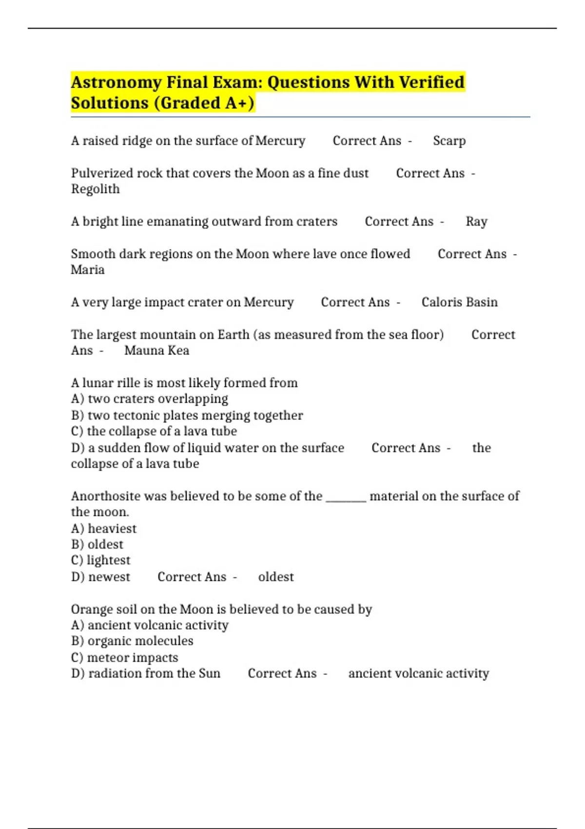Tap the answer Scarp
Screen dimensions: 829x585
[x=449, y=141]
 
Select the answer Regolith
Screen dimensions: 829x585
[x=95, y=189]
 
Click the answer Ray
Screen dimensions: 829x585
[x=476, y=222]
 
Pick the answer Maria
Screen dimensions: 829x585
[x=88, y=270]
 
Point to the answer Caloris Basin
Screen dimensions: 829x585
[x=459, y=302]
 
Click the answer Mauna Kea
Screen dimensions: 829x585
[x=156, y=351]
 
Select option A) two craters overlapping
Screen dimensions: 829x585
[x=149, y=399]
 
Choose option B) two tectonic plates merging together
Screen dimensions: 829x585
[x=187, y=415]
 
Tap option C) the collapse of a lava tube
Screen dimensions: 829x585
[x=154, y=432]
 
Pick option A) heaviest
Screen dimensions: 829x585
[x=104, y=529]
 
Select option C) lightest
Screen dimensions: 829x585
[x=101, y=560]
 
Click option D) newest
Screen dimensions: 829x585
[x=101, y=577]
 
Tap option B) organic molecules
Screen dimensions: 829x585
[x=132, y=641]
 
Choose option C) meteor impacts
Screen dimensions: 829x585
[x=125, y=657]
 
